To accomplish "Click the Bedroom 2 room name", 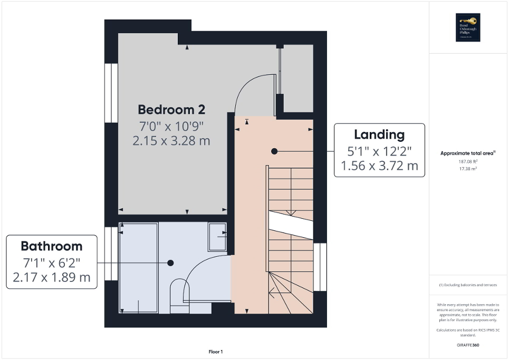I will pos(171,109).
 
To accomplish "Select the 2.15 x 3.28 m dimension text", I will pos(171,141).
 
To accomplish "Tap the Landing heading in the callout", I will pos(379,134).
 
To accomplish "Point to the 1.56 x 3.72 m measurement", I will pos(379,166).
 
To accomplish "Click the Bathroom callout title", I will pos(52,246).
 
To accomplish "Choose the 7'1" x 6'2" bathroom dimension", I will pos(52,261).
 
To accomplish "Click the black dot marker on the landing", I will pos(274,151).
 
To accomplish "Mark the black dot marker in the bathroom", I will pos(170,262).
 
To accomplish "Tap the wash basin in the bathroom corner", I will pos(217,237).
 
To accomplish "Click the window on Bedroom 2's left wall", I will pos(111,93).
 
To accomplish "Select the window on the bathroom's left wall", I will pos(111,254).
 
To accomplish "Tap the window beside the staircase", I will pos(320,267).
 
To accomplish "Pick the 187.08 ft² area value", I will pos(468,161).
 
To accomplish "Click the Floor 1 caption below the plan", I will pos(216,352).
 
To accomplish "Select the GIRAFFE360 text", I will pos(468,345).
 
